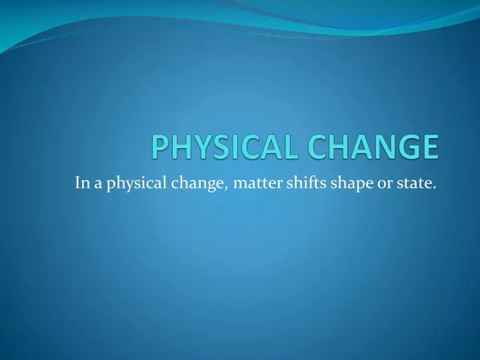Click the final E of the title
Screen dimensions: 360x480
coord(430,147)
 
